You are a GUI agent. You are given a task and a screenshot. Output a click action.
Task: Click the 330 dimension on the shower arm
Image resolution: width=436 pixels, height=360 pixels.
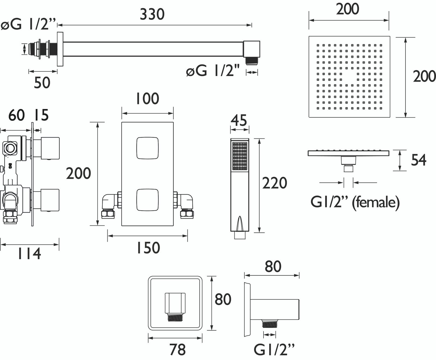click(152, 14)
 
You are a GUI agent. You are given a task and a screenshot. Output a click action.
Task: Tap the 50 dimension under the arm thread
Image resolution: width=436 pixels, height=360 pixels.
click(42, 82)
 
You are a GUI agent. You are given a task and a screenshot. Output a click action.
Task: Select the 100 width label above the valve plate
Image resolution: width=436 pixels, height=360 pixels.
click(147, 99)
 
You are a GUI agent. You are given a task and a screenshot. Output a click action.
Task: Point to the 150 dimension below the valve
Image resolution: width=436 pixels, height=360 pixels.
click(148, 248)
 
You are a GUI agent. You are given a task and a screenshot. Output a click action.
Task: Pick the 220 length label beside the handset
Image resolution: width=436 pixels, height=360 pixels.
click(274, 183)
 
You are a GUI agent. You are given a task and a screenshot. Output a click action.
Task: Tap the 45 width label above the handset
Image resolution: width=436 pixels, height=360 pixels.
click(239, 120)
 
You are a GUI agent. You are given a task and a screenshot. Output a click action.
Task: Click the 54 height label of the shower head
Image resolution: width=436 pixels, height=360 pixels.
click(419, 160)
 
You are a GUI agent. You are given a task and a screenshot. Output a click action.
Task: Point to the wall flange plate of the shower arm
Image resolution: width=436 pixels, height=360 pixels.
click(60, 49)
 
